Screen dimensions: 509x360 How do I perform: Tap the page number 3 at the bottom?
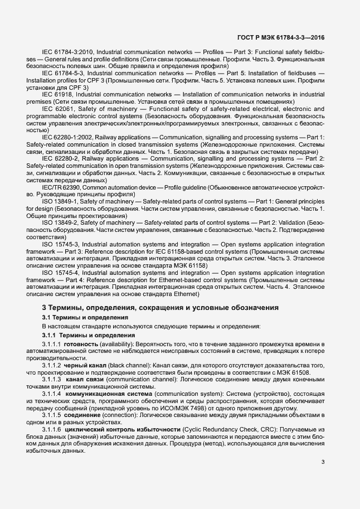323,462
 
